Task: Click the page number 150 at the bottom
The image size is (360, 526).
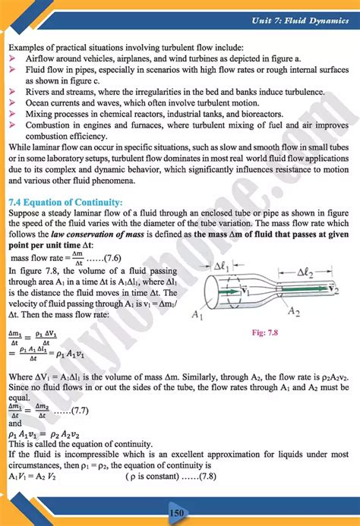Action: coord(177,514)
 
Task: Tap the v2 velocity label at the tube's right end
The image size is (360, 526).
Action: coord(335,286)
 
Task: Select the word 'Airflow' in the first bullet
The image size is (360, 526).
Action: coord(41,58)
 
